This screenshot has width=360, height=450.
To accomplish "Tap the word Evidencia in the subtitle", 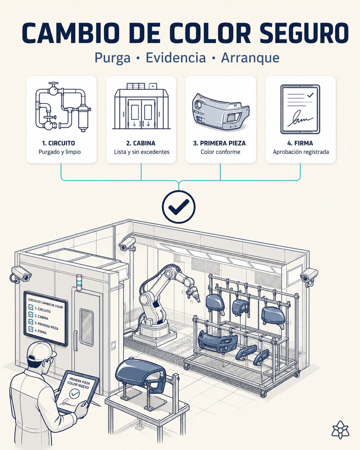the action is [x=176, y=57].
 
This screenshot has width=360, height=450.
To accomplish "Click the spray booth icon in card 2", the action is [x=141, y=106].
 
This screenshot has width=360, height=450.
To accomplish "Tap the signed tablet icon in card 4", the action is [x=300, y=109].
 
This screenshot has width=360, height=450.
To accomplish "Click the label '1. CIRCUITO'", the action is [x=58, y=143].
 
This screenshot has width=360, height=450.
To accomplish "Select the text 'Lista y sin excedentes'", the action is [x=142, y=152].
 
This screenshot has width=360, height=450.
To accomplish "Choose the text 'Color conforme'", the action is [x=220, y=152].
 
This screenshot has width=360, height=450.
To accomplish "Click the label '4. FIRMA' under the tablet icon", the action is [x=300, y=143].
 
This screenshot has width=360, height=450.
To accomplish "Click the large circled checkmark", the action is [x=178, y=207].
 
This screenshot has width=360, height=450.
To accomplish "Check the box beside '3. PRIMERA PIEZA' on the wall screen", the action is [x=31, y=321].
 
